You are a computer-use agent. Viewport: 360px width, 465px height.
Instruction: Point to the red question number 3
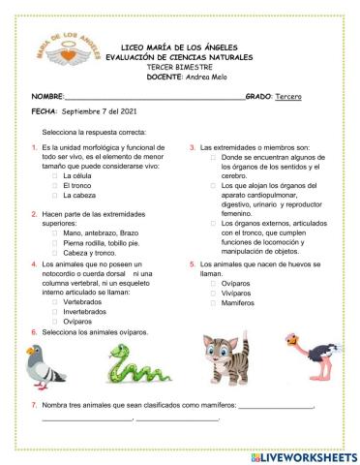192,146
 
